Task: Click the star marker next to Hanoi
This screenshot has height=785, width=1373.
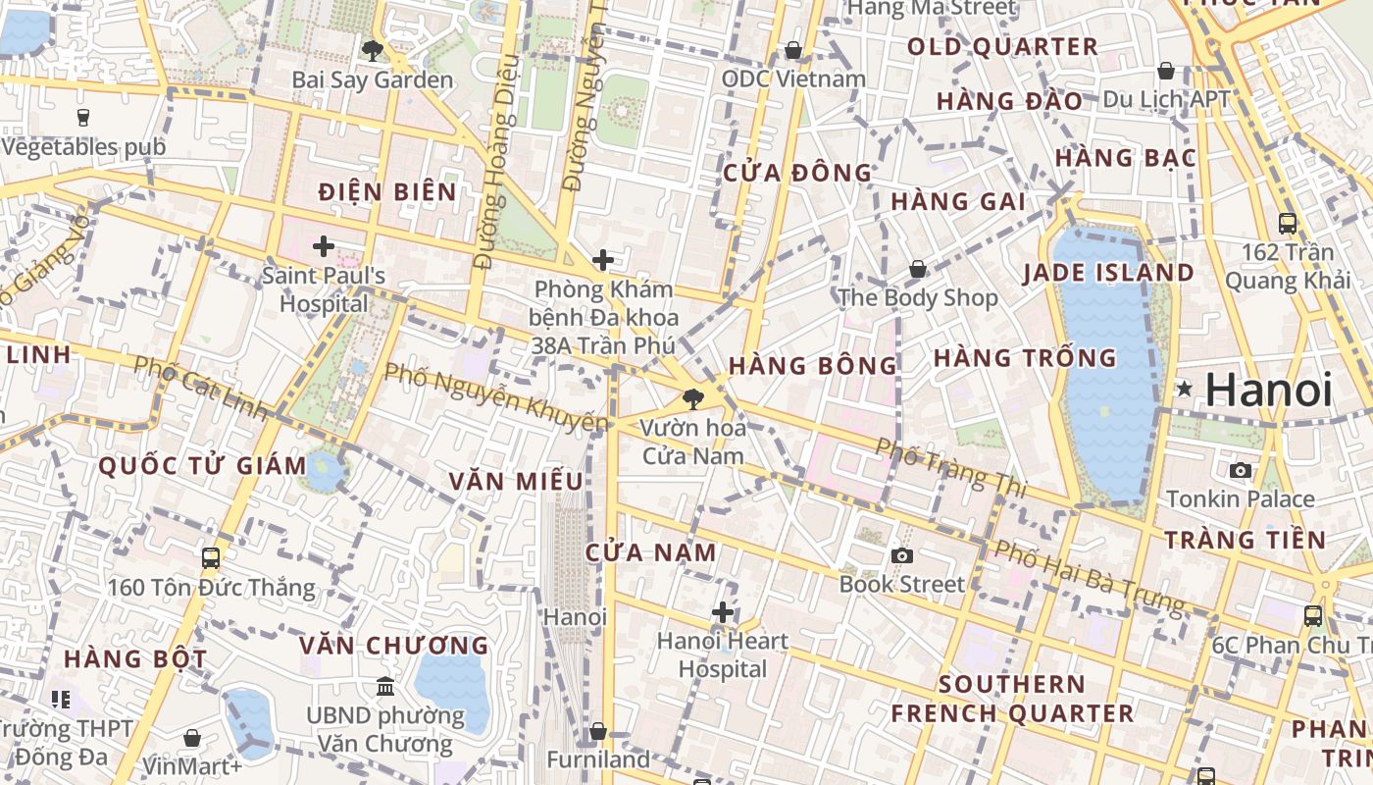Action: point(1185,390)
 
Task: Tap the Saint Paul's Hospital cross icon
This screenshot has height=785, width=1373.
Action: point(324,246)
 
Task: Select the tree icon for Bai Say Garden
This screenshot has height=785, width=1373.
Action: point(372,50)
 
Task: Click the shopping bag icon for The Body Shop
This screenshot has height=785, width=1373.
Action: point(918,268)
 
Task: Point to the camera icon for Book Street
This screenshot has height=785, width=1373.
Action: point(902,555)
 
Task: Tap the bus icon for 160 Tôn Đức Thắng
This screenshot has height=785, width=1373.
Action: point(211,558)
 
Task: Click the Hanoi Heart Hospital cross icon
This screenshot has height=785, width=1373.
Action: point(723,613)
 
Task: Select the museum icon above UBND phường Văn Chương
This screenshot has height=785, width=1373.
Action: point(385,686)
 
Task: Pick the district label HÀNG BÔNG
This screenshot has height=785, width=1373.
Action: point(812,366)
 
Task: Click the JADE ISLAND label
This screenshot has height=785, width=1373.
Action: point(1109,273)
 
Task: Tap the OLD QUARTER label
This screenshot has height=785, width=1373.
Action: point(1002,47)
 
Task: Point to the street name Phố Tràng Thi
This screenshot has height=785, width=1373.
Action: point(949,467)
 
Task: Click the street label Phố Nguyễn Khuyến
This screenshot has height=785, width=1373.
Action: point(495,399)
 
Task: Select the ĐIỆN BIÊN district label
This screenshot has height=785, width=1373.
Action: point(388,191)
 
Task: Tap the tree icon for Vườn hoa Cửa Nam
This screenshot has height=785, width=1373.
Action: point(693,398)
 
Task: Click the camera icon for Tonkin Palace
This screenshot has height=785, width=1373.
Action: point(1241,470)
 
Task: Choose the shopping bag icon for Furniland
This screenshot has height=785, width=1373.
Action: point(597,731)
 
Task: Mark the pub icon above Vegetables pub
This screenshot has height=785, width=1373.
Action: point(83,117)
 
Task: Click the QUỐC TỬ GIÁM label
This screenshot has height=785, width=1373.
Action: point(177,465)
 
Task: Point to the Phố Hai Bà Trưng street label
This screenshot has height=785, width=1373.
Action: point(1089,578)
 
